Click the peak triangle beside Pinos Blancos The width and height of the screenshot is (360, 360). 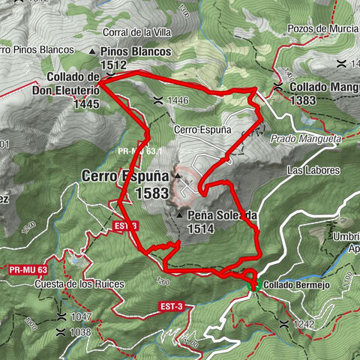coord(93,52)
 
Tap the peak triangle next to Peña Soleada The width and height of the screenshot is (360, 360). coord(180,215)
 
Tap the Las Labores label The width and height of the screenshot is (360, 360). coord(313,171)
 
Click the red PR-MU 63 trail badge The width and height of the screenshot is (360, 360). coord(29,268)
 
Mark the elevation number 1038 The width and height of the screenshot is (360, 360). coord(79,331)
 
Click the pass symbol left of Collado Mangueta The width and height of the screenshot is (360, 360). coord(278,88)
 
